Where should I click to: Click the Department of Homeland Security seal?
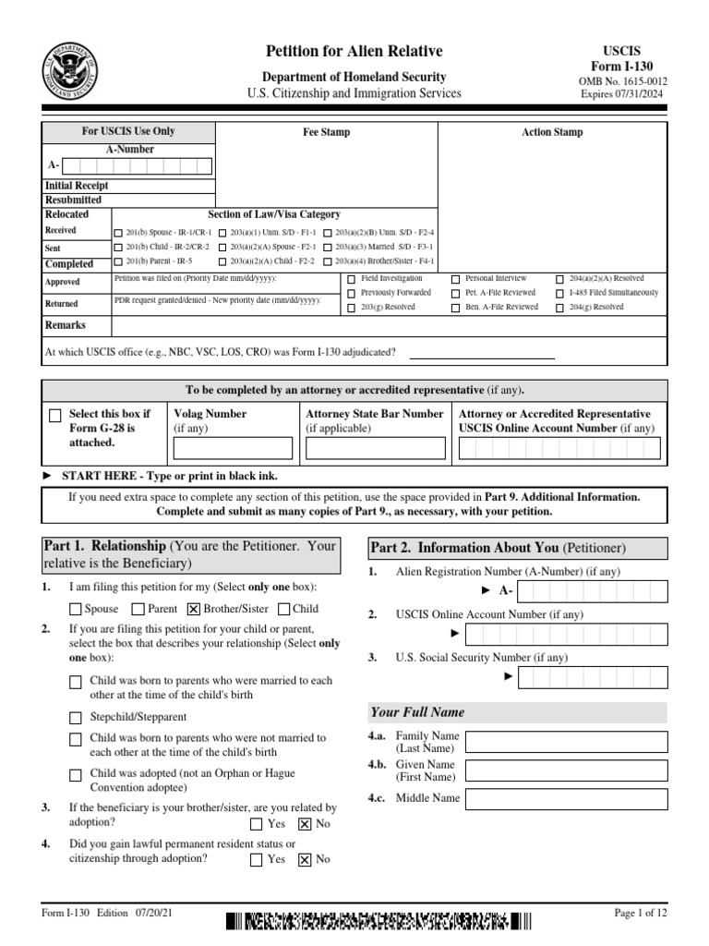75,70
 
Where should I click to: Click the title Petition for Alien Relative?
354,52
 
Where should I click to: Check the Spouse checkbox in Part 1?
76,609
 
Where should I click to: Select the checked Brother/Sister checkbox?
193,609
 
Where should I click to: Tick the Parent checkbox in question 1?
138,609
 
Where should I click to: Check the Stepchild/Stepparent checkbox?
76,717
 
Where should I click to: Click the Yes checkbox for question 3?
256,823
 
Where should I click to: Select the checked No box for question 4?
305,859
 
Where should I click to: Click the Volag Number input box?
232,449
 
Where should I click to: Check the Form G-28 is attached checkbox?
56,417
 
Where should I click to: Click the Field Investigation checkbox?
351,279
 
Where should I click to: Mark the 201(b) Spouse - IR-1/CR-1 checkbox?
117,233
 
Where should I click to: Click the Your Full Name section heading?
417,712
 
